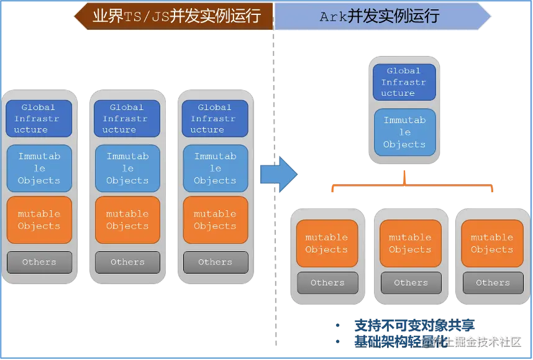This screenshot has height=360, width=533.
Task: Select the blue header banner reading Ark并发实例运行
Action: pos(380,16)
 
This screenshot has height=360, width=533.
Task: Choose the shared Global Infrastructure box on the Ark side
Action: pos(404,82)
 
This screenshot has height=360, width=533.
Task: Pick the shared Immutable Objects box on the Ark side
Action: pos(404,132)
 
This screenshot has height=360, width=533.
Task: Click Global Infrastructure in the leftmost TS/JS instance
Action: pos(39,118)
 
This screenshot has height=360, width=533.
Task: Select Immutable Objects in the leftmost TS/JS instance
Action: pos(39,168)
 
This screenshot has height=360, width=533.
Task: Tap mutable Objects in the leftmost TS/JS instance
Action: pos(39,219)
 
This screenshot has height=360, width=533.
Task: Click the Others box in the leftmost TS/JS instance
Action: pos(39,262)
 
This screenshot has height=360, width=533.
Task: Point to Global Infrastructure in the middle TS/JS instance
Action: pos(127,118)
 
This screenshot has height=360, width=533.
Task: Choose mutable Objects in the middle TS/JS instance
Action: pos(127,219)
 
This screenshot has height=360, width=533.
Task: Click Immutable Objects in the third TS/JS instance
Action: pos(215,168)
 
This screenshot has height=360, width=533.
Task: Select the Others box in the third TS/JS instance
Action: pos(215,262)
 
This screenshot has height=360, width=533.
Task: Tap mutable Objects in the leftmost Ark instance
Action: pos(327,243)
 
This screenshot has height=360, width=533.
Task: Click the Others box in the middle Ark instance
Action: pos(411,282)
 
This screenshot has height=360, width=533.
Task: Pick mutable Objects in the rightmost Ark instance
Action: pos(492,243)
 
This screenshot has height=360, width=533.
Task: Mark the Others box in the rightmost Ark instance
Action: pos(493,282)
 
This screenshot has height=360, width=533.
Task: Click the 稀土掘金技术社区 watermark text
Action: pos(476,341)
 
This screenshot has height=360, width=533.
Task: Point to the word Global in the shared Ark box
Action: pos(404,71)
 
